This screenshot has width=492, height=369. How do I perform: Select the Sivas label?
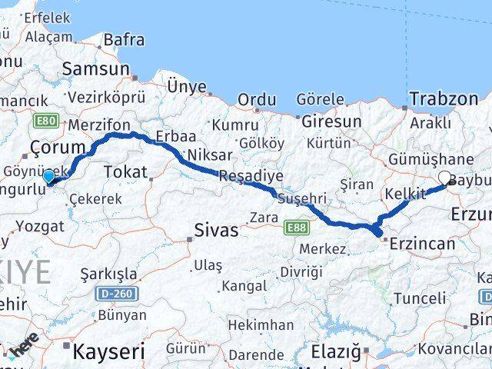(216, 229)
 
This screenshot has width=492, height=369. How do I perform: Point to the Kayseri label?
(108, 352)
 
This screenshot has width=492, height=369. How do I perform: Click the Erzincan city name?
(423, 244)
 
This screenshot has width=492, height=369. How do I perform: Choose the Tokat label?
(125, 171)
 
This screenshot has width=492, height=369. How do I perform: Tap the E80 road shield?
(45, 120)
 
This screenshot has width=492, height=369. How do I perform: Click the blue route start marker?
(48, 176)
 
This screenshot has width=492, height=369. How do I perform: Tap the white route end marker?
(444, 178)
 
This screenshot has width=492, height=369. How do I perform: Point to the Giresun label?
(331, 121)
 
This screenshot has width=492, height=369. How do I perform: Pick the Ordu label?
(257, 99)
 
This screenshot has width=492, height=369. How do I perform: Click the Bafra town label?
(124, 38)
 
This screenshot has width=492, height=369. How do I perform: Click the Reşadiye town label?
(245, 175)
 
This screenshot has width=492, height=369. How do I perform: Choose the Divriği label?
(301, 271)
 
